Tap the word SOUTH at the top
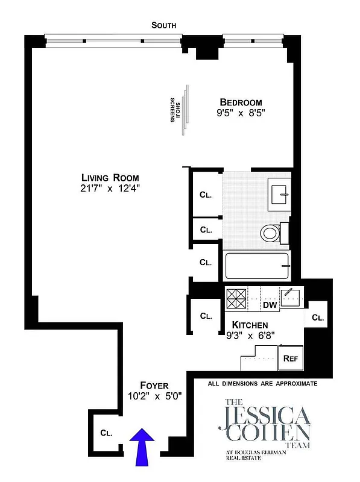tap(164, 25)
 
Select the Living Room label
tap(111, 178)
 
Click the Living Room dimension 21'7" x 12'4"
tap(111, 189)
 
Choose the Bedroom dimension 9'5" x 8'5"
tap(241, 113)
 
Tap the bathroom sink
tap(280, 194)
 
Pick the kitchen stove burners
tap(236, 298)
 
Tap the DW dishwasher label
tap(269, 305)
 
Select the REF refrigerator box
tap(291, 358)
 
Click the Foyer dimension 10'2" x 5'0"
tap(154, 396)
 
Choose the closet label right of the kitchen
tap(318, 318)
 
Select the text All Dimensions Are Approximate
tap(262, 383)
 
